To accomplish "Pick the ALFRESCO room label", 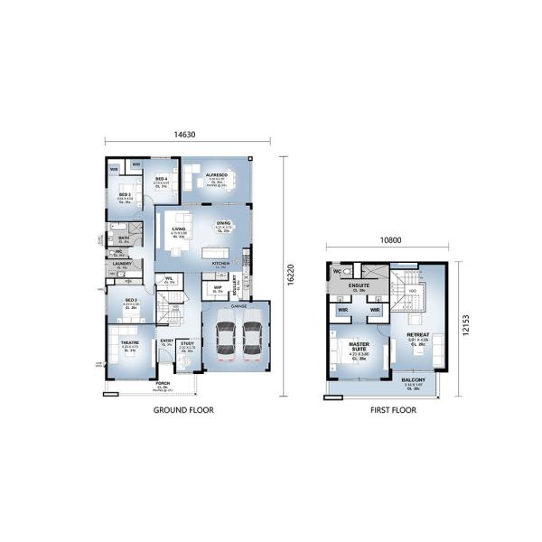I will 216,175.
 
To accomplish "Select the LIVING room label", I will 179,229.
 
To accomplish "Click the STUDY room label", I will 187,343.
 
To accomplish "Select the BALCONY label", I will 414,379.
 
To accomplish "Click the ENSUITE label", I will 360,285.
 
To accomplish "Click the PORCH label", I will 162,382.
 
